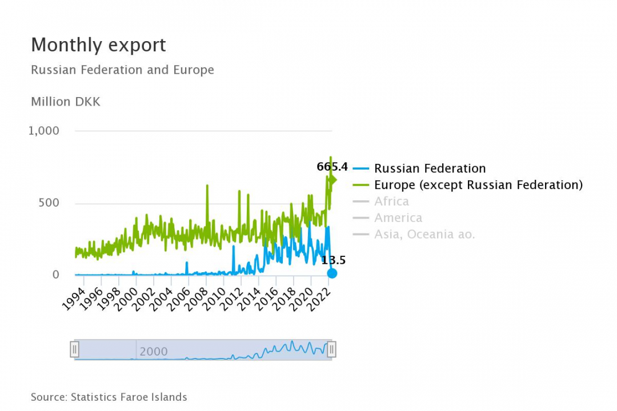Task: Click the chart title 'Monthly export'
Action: pyautogui.click(x=98, y=45)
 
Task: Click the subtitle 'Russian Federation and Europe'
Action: pyautogui.click(x=122, y=70)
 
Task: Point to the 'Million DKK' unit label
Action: pyautogui.click(x=65, y=102)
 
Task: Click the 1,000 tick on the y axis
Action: pyautogui.click(x=44, y=131)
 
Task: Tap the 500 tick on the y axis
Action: pyautogui.click(x=48, y=203)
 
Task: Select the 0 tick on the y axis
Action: pyautogui.click(x=55, y=275)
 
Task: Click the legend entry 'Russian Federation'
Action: pyautogui.click(x=430, y=168)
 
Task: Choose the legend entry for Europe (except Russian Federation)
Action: pyautogui.click(x=478, y=185)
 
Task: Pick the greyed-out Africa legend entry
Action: pyautogui.click(x=391, y=202)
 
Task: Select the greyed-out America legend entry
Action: pyautogui.click(x=398, y=218)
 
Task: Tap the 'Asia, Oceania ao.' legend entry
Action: pyautogui.click(x=424, y=235)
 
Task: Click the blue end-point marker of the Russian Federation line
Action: pyautogui.click(x=332, y=273)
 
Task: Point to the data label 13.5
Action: pyautogui.click(x=334, y=260)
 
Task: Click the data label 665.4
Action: pyautogui.click(x=332, y=167)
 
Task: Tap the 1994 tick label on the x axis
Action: pyautogui.click(x=73, y=296)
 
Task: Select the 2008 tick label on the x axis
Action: pyautogui.click(x=196, y=296)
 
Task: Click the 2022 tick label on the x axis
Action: pyautogui.click(x=319, y=296)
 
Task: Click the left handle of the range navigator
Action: pyautogui.click(x=75, y=349)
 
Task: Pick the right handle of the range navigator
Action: pyautogui.click(x=331, y=349)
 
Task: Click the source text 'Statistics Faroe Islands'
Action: pyautogui.click(x=129, y=397)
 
